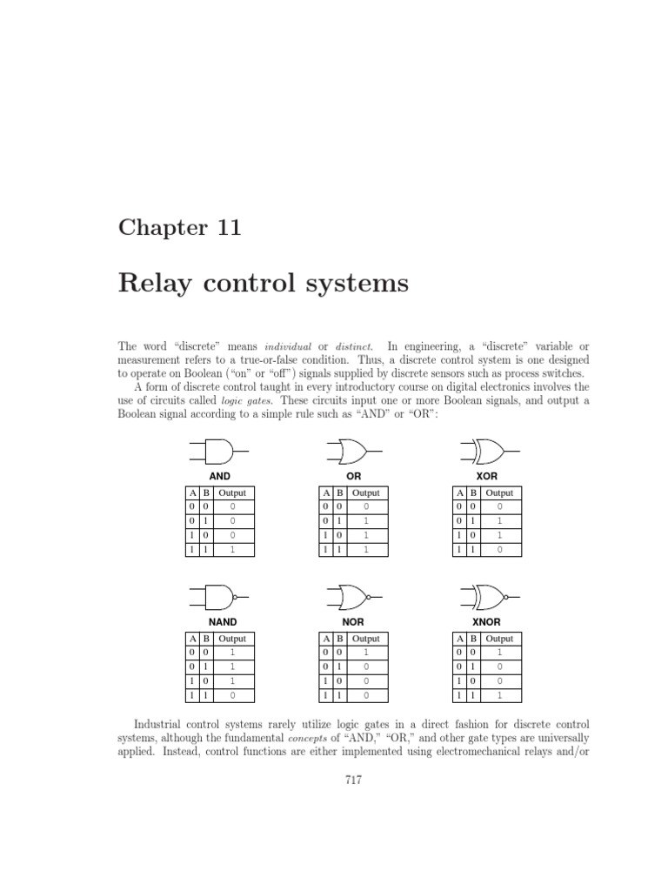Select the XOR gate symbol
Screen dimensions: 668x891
[x=488, y=451]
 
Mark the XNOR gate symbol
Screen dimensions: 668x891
[x=488, y=597]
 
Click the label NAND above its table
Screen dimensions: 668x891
[x=223, y=623]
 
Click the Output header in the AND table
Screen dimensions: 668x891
[x=232, y=493]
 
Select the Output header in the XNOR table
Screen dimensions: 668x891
[x=499, y=639]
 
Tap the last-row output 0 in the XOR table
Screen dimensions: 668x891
[x=499, y=550]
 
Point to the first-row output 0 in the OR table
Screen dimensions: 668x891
[x=366, y=507]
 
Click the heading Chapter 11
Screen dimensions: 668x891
[x=179, y=228]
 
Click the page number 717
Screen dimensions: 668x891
[x=353, y=780]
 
